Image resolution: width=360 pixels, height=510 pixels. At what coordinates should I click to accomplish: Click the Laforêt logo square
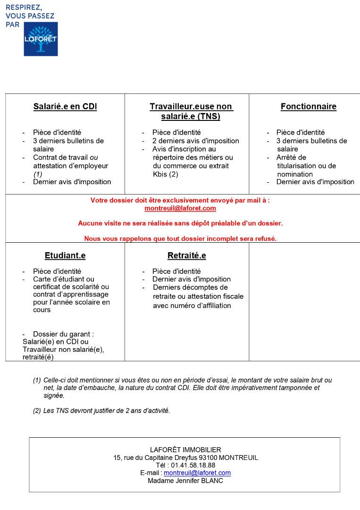41,39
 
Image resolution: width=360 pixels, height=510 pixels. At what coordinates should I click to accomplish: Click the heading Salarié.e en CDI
65,107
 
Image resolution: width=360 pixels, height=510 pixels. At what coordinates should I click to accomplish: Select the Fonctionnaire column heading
309,107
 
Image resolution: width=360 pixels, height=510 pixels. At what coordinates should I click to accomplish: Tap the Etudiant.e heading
65,256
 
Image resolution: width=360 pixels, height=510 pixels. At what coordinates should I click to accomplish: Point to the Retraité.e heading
187,256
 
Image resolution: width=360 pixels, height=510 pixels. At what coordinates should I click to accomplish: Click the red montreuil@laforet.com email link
180,208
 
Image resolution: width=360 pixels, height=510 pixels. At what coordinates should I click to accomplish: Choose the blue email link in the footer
197,473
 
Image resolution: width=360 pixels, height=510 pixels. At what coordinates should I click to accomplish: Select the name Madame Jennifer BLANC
185,481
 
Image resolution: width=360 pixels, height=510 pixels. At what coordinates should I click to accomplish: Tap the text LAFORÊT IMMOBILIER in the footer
185,450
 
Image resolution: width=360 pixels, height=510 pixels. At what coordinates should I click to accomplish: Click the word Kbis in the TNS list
160,174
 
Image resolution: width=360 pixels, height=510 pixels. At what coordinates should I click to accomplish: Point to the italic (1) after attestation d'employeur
38,174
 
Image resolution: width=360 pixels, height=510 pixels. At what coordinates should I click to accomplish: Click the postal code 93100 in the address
208,458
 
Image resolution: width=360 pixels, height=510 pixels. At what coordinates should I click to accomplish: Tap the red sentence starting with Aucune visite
180,223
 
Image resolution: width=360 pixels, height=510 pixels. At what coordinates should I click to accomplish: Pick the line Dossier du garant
63,334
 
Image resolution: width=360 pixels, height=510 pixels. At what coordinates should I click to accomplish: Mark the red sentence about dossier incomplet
180,239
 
